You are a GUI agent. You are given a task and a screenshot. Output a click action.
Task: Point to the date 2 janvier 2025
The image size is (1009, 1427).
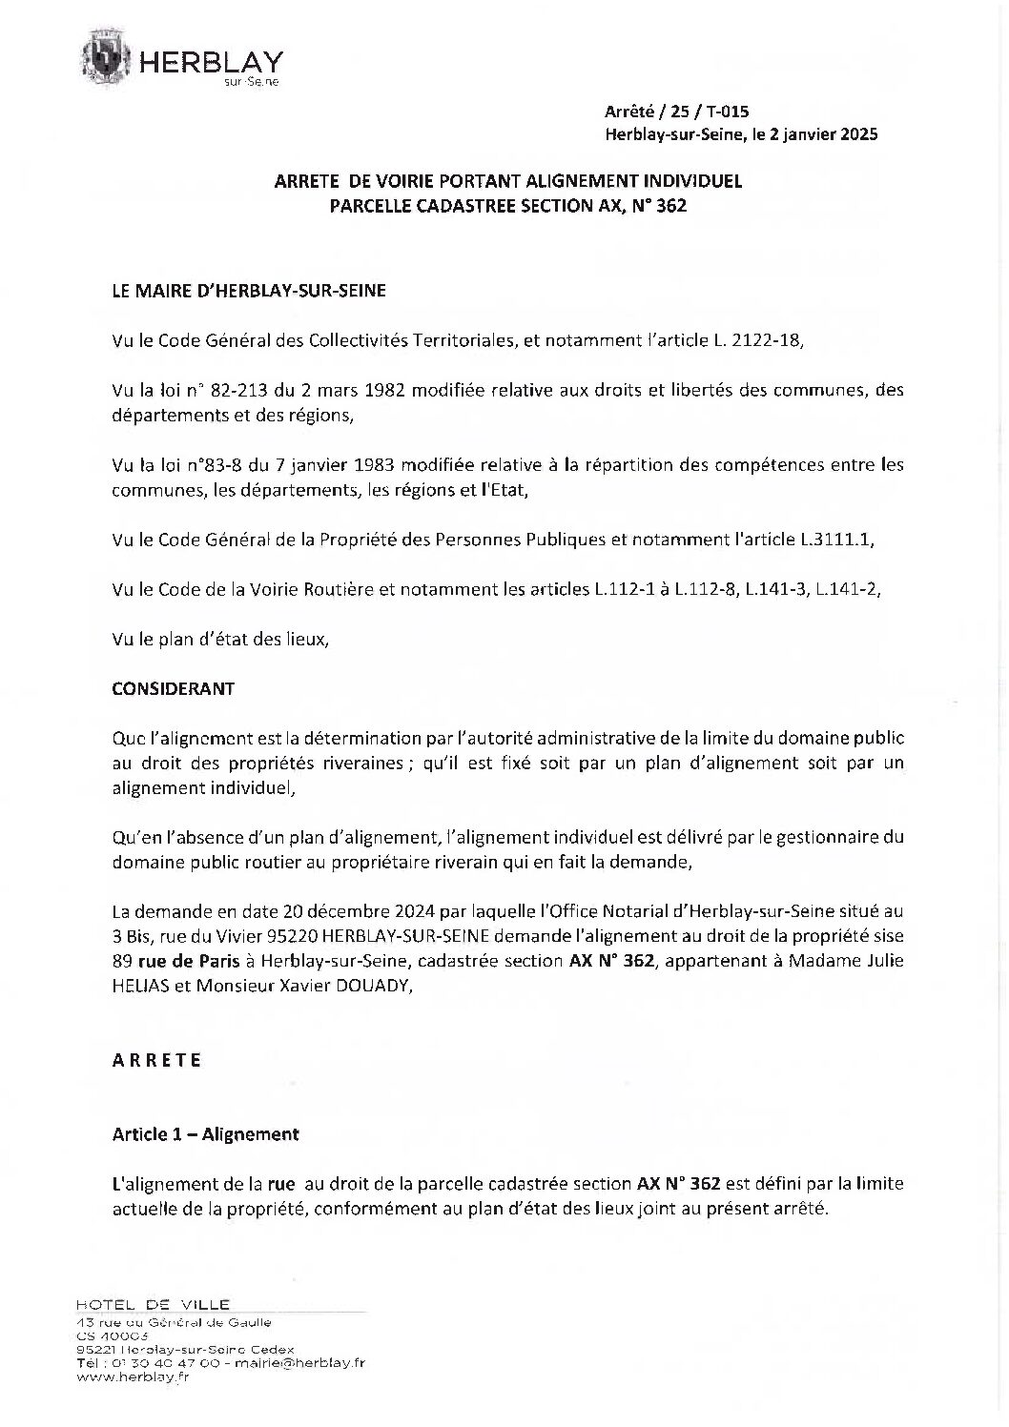820,135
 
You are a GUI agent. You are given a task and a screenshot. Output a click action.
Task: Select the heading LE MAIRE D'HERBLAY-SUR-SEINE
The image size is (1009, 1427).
249,291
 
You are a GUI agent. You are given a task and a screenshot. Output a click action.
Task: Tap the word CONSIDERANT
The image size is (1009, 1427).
174,688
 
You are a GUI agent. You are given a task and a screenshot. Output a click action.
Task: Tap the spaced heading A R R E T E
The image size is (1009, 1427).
157,1059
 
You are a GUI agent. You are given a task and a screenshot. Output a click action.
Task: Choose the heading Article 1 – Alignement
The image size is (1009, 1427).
206,1134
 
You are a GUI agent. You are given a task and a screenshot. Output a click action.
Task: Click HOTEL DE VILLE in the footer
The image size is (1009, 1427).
153,1304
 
